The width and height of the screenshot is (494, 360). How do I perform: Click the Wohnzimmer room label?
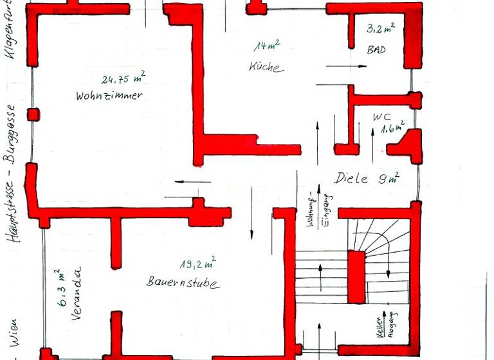109,96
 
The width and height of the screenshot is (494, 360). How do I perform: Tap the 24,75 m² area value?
123,79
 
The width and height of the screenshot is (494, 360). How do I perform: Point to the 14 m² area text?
266,46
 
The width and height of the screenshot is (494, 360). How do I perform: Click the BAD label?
376,50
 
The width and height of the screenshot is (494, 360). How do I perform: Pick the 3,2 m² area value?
380,29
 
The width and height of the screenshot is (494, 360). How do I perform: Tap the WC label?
381,118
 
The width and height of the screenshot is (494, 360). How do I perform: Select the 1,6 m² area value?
392,127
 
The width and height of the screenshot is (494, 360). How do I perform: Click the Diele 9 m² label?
367,178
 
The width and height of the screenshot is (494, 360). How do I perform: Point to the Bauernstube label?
183,282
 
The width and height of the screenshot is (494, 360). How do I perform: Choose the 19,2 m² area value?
197,262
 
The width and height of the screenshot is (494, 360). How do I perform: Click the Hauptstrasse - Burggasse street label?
10,174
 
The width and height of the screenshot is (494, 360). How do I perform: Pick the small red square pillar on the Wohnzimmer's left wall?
32,114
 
